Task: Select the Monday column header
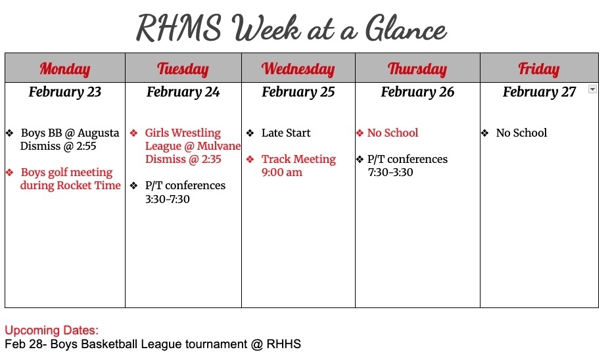[64, 68]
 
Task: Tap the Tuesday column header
[183, 68]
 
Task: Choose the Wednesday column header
[298, 68]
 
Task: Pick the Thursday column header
[417, 68]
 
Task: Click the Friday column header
[539, 68]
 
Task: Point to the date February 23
[64, 92]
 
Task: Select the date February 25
[298, 92]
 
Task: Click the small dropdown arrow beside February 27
[592, 89]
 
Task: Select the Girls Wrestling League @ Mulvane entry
[191, 146]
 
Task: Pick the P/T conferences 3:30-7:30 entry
[184, 192]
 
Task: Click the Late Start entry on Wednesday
[285, 133]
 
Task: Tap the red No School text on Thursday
[392, 133]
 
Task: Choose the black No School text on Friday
[521, 133]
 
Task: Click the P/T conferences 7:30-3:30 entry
[407, 166]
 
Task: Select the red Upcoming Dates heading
[52, 330]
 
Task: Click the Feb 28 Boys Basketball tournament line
[152, 344]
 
